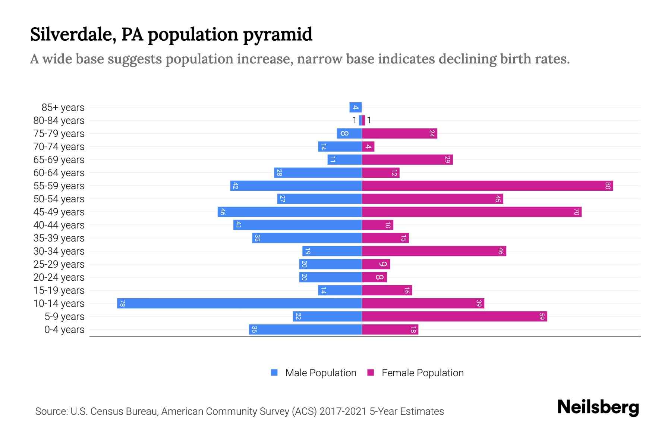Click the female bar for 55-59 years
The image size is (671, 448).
[487, 186]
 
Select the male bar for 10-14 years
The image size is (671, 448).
[239, 303]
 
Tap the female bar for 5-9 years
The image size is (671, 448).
[454, 316]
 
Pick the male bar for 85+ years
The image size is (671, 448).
[355, 107]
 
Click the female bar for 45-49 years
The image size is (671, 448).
[472, 212]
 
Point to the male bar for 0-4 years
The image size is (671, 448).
[305, 329]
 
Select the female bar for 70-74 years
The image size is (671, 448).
[368, 146]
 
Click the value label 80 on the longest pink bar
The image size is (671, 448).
[608, 186]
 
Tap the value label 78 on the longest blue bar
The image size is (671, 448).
[122, 303]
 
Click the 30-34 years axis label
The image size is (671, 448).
[59, 251]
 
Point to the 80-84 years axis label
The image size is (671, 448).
[59, 121]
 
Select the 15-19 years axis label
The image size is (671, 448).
[59, 290]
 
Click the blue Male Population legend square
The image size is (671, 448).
[274, 373]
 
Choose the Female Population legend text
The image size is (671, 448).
[422, 373]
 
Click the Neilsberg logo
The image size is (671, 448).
[598, 407]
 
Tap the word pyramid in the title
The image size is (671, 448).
[278, 34]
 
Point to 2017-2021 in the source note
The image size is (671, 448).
[343, 411]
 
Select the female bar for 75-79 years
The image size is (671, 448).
[399, 133]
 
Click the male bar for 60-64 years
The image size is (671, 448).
[318, 172]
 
